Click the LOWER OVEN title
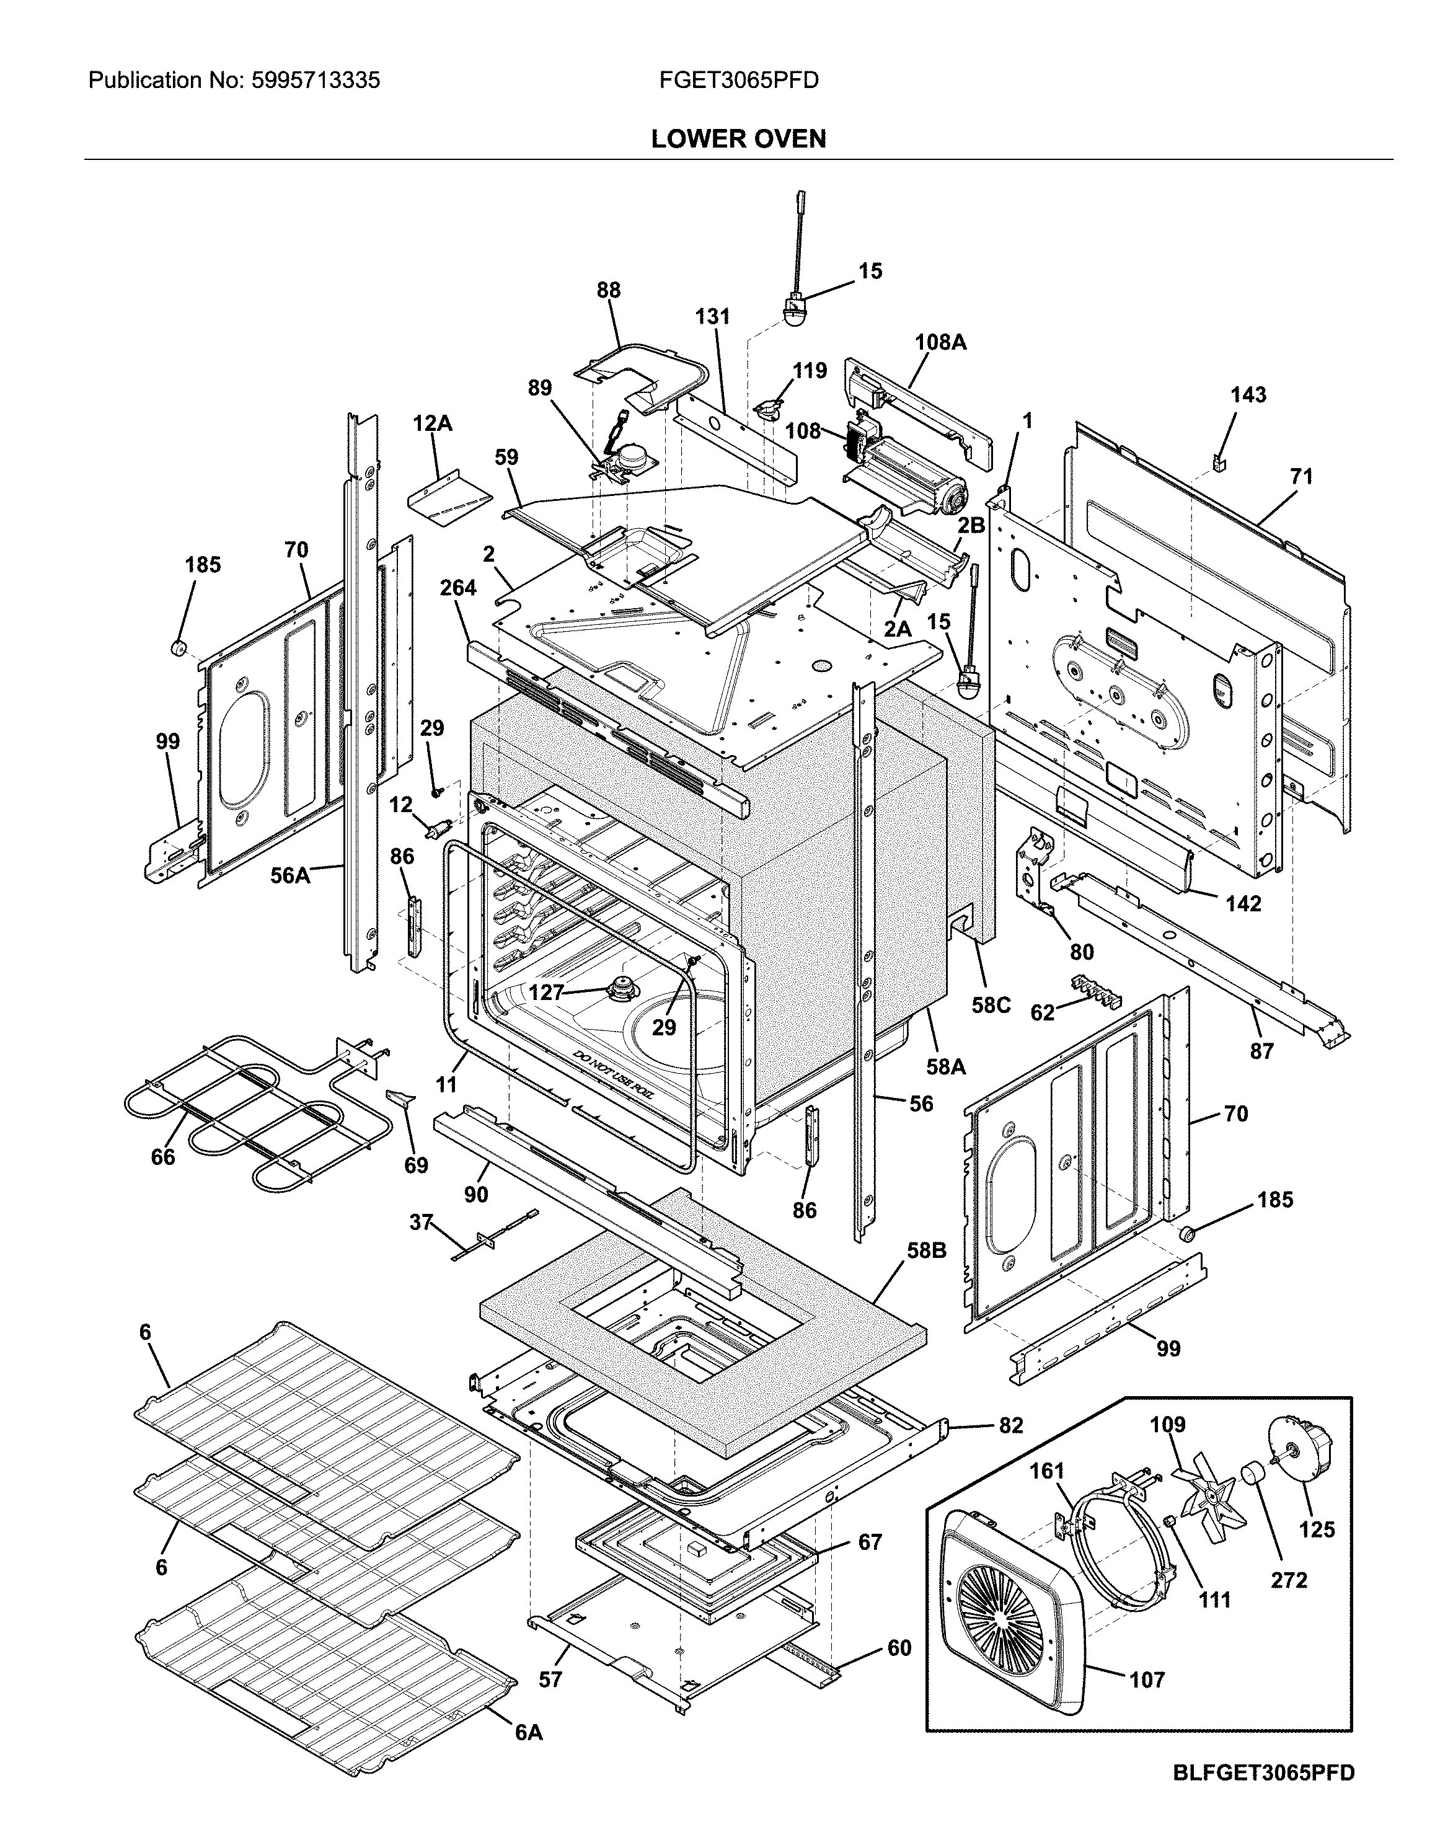click(x=738, y=138)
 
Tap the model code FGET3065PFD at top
click(x=738, y=81)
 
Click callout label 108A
click(x=940, y=342)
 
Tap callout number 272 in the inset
click(x=1289, y=1580)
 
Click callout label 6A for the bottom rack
click(x=529, y=1733)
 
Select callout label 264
click(x=458, y=587)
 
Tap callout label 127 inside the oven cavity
click(x=545, y=993)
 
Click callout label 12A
click(x=433, y=424)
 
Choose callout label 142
click(x=1243, y=903)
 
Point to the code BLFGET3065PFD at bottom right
click(x=1263, y=1796)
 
